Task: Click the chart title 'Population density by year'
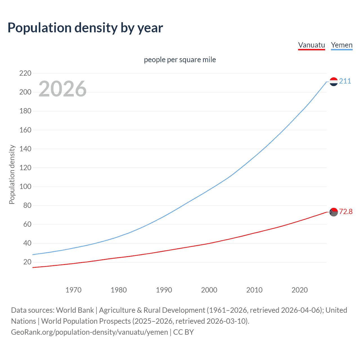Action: coord(85,28)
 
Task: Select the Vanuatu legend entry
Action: coord(311,45)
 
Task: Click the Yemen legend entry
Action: coord(341,45)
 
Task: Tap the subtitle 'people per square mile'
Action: coord(180,60)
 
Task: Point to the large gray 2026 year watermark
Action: coord(62,89)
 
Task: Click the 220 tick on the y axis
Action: coord(25,73)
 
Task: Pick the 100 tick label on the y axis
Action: coord(25,187)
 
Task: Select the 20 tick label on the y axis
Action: coord(27,262)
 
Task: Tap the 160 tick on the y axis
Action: coord(25,130)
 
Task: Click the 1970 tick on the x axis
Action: coord(73,290)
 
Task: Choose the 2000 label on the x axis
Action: coord(209,290)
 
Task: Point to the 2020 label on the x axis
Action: coord(300,290)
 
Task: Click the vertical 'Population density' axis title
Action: coord(12,174)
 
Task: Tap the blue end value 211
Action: coord(345,81)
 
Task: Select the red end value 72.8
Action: coord(346,211)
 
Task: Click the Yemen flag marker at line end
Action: coord(334,82)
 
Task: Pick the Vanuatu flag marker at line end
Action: coord(334,212)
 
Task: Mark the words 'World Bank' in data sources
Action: coord(75,310)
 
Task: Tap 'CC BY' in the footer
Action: coord(183,332)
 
